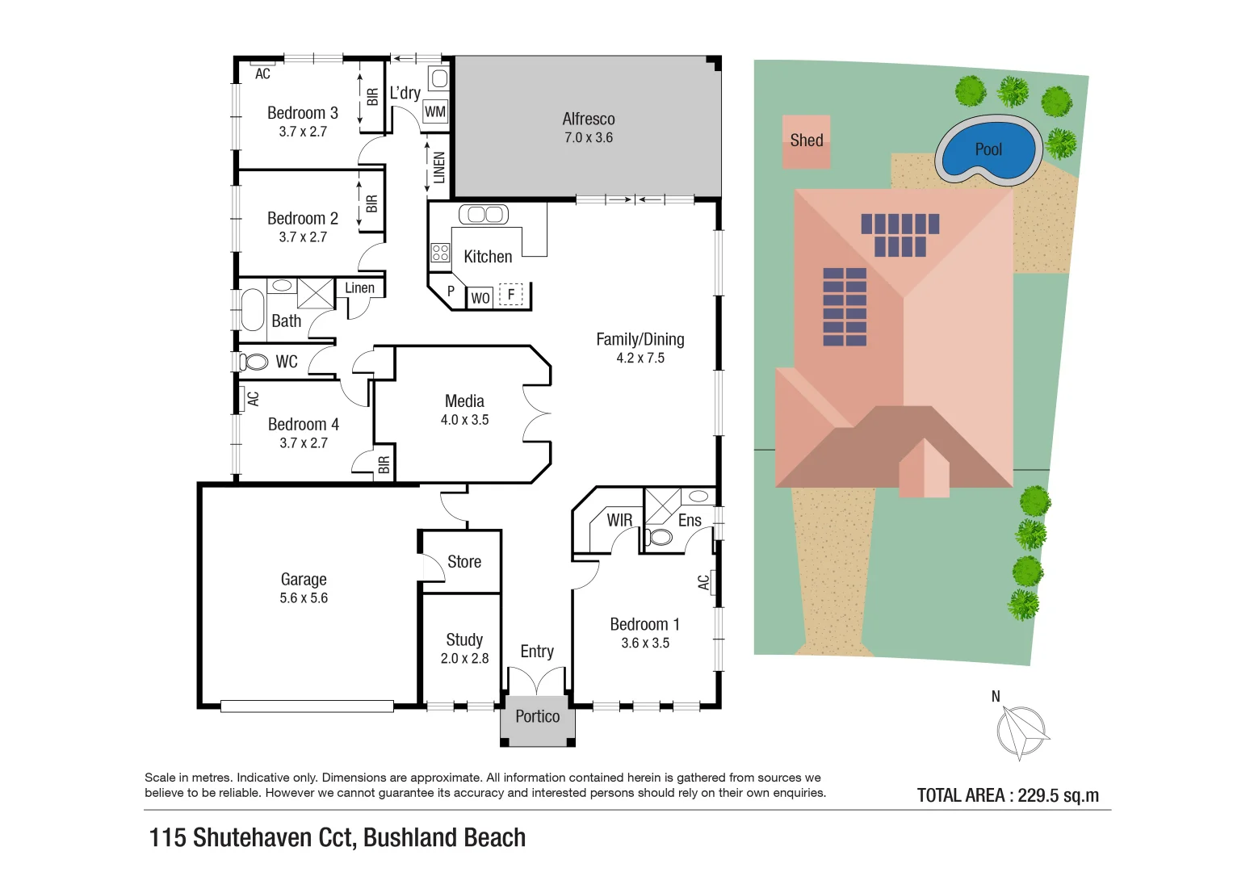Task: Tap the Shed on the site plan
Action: tap(806, 141)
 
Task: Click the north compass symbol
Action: tap(1021, 732)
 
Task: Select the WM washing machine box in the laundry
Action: tap(435, 112)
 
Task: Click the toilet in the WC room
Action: tap(255, 362)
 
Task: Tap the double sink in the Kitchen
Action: tap(484, 214)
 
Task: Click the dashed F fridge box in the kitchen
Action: tap(511, 296)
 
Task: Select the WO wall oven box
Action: tap(480, 298)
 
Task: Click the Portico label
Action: tap(537, 716)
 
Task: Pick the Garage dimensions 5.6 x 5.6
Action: tap(304, 598)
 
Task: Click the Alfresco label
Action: tap(589, 119)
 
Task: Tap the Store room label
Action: tap(464, 562)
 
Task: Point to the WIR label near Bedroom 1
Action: tap(619, 521)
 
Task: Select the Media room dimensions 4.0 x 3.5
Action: tap(464, 420)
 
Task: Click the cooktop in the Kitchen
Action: tap(440, 253)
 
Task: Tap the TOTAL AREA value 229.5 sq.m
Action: tap(1058, 795)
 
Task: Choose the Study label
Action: tap(464, 639)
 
